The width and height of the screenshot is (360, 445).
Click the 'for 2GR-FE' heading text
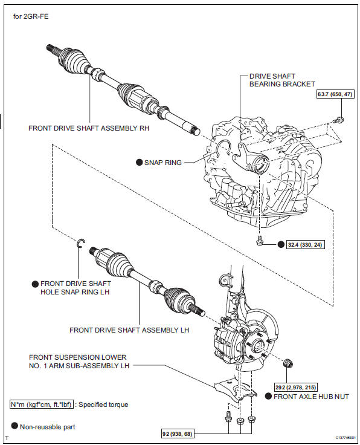click(x=30, y=16)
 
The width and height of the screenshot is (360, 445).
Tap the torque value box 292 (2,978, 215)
click(x=295, y=387)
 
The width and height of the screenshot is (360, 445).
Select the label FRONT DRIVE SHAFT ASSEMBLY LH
click(x=129, y=330)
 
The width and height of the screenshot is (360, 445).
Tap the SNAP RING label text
click(x=163, y=162)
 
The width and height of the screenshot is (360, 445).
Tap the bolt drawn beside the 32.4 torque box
click(x=260, y=241)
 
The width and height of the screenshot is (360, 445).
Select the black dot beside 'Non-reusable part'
click(x=14, y=426)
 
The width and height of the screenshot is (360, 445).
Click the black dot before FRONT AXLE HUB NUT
click(x=268, y=397)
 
